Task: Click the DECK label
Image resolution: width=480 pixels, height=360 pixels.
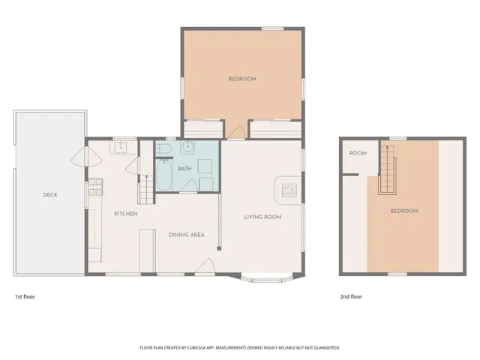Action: click(50, 195)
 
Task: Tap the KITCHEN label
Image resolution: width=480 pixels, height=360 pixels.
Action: click(125, 214)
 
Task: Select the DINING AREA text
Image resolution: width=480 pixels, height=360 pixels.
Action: click(186, 235)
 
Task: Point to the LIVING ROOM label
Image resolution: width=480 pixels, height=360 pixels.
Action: click(262, 217)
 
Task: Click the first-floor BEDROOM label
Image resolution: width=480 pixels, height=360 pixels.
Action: click(242, 79)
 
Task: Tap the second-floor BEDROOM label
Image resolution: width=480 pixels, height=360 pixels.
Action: click(403, 211)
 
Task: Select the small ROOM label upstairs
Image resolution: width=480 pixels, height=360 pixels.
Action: click(358, 154)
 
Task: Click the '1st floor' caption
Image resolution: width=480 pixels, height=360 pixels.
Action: click(25, 297)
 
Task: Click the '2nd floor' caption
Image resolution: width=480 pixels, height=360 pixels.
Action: click(351, 297)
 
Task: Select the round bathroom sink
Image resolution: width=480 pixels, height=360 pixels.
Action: click(189, 147)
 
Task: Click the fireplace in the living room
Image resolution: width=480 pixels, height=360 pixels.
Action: click(288, 189)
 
